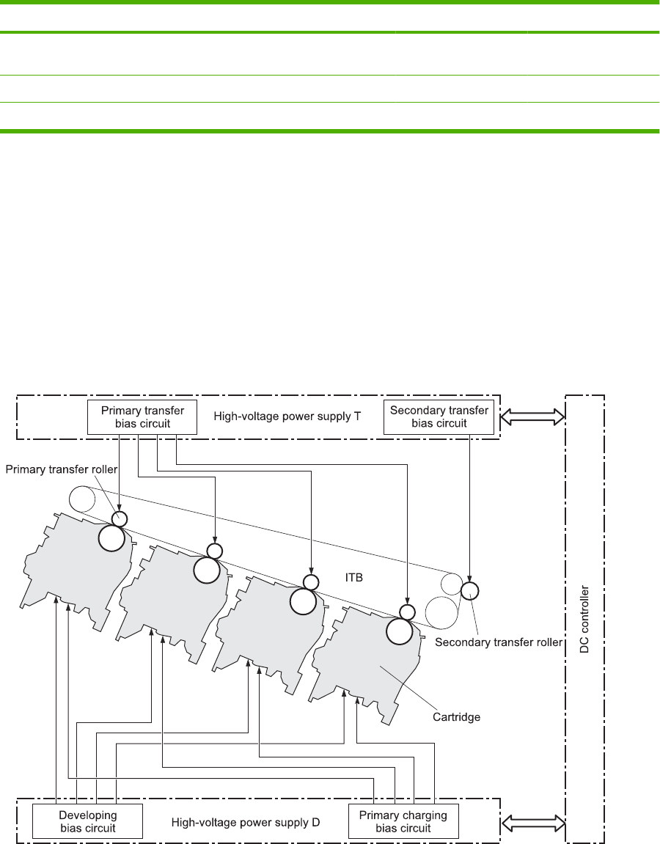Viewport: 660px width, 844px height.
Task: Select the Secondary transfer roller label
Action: (x=499, y=642)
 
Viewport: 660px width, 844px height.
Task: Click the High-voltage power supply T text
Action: (x=287, y=416)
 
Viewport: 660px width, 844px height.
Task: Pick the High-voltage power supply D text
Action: (x=246, y=822)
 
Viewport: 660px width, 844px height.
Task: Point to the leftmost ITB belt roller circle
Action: (x=83, y=499)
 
